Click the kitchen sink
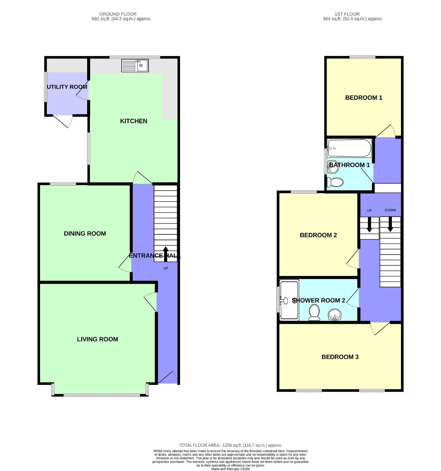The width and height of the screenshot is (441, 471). coord(135,66)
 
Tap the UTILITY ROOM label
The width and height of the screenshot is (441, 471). coord(67,87)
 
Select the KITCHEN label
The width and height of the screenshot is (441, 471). coord(133,121)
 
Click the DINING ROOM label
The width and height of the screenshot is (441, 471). coord(85,234)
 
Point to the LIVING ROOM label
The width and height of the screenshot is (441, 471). coord(97,339)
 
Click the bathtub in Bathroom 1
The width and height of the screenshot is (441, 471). coord(349,148)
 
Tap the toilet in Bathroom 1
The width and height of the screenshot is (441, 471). coord(335,182)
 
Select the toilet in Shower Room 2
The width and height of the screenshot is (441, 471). coord(314,312)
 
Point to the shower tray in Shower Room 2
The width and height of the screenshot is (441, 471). coord(289,300)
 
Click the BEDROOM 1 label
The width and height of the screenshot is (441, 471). coord(363,98)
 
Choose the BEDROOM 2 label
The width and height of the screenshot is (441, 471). coord(318,235)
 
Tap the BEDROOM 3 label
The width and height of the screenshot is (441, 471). coord(340,357)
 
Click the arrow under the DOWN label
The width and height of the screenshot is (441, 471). coord(390,224)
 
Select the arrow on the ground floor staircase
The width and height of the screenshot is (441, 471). coord(165,254)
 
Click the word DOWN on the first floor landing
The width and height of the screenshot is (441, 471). coord(390,210)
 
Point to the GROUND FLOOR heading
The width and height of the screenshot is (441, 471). coord(118,14)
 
